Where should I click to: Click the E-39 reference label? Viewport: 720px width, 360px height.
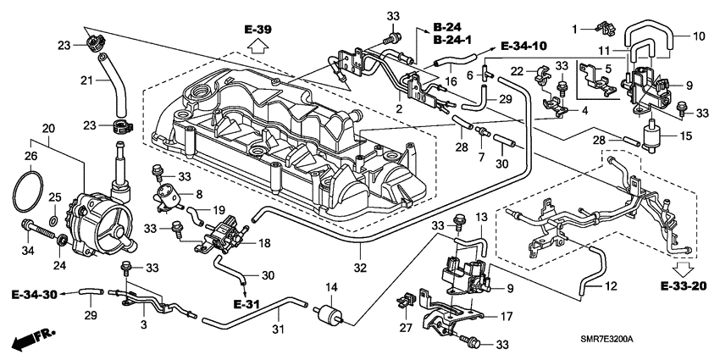tap(258, 31)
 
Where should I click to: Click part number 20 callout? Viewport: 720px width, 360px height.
tap(48, 129)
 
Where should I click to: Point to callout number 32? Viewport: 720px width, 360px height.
tap(359, 268)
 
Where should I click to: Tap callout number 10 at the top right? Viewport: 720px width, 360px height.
tap(699, 37)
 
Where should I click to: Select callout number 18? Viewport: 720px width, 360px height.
tap(263, 243)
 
